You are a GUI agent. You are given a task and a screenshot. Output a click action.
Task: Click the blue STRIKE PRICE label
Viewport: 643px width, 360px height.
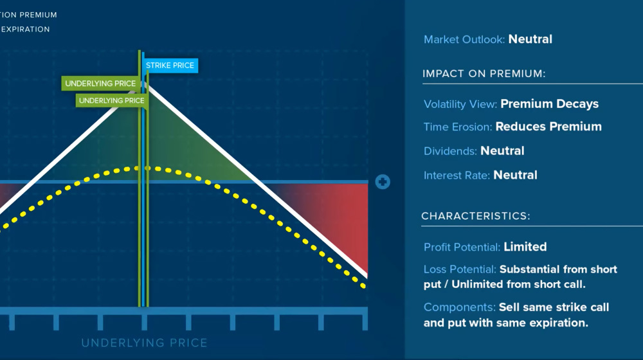point(170,65)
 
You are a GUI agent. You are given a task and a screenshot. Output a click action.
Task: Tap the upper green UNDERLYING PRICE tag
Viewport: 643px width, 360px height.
point(100,84)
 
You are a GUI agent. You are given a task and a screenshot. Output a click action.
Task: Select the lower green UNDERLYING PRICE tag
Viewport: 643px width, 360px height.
point(112,100)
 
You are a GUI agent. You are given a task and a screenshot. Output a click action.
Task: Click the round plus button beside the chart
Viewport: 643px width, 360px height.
point(383,182)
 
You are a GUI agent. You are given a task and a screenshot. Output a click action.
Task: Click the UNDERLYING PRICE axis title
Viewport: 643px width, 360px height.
point(144,343)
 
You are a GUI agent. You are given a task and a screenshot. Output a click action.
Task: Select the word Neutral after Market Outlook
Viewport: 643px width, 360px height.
point(530,39)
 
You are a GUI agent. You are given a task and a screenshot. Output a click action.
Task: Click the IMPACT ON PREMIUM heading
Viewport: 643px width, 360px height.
point(484,74)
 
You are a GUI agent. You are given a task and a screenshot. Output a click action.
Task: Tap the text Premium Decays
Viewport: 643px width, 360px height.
point(549,104)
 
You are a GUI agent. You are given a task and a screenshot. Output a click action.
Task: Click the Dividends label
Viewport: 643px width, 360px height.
point(450,151)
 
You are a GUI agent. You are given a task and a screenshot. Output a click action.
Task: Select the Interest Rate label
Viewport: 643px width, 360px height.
point(457,175)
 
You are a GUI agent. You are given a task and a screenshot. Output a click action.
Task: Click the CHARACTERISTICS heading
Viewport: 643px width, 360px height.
point(476,216)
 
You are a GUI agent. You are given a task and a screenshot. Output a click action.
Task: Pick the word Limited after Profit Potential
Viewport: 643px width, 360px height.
point(525,247)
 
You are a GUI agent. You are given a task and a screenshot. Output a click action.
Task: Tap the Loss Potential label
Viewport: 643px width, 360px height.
point(460,269)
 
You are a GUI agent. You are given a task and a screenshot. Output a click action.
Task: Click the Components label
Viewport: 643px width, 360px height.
point(458,307)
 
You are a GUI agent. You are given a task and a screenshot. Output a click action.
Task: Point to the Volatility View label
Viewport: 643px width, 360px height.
point(460,104)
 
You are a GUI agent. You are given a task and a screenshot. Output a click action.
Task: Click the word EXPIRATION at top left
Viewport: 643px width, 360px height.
point(25,29)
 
